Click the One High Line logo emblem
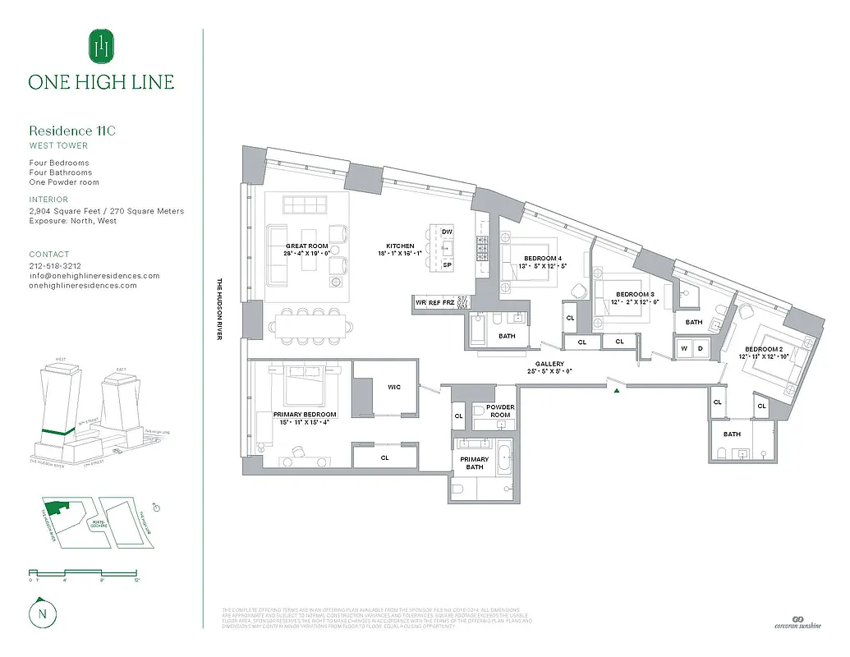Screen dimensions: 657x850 pyautogui.click(x=101, y=46)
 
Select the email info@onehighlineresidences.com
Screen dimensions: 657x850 pyautogui.click(x=94, y=276)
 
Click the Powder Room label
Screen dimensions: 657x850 pyautogui.click(x=500, y=411)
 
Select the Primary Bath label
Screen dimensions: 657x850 pyautogui.click(x=475, y=463)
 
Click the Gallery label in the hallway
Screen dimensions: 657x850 pyautogui.click(x=549, y=364)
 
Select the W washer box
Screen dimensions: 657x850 pyautogui.click(x=684, y=347)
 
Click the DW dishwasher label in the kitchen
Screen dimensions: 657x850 pyautogui.click(x=448, y=232)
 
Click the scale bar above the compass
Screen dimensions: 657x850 pyautogui.click(x=82, y=572)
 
